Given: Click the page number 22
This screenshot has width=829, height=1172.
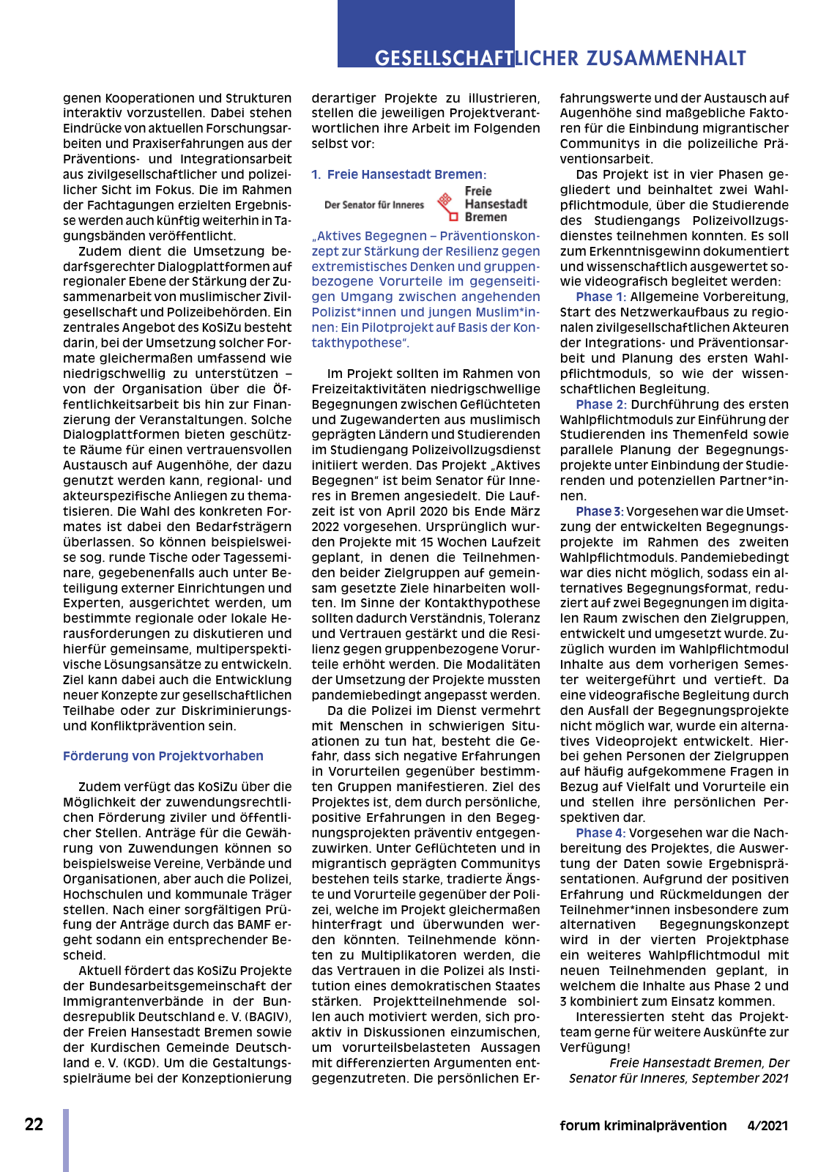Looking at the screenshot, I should click(34, 1124).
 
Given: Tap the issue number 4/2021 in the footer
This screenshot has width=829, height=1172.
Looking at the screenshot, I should click(767, 1126).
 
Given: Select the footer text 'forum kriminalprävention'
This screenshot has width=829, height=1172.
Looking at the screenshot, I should click(643, 1126).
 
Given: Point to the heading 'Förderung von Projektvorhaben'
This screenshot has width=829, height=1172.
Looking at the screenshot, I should click(163, 756).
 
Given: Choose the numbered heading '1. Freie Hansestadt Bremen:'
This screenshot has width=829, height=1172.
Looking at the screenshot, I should click(399, 174).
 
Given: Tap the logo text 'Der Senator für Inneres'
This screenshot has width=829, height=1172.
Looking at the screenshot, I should click(374, 205).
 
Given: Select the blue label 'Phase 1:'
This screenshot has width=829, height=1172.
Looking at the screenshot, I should click(601, 297).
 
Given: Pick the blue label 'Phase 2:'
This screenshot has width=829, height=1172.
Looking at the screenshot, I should click(601, 404).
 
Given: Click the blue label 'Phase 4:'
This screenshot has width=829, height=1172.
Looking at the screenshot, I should click(601, 833).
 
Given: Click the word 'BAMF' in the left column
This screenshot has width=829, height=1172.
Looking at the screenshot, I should click(253, 924).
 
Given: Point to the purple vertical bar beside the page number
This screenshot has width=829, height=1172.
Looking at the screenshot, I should click(66, 1140).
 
